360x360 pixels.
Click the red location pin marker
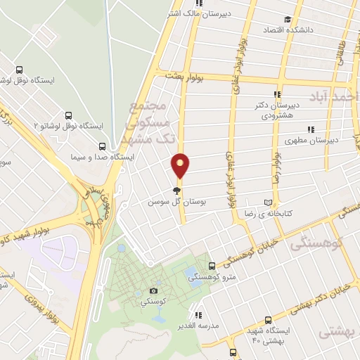click(181, 166)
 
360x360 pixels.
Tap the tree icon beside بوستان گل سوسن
click(176, 191)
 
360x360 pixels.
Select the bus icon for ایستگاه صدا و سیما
click(103, 147)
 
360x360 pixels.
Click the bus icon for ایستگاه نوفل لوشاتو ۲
click(69, 115)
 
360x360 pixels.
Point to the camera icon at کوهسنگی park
click(154, 290)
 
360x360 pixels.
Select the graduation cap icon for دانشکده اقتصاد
click(286, 20)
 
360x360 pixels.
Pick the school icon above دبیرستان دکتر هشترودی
click(277, 94)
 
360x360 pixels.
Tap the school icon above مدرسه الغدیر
click(200, 315)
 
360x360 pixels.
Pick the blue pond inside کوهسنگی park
click(190, 272)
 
